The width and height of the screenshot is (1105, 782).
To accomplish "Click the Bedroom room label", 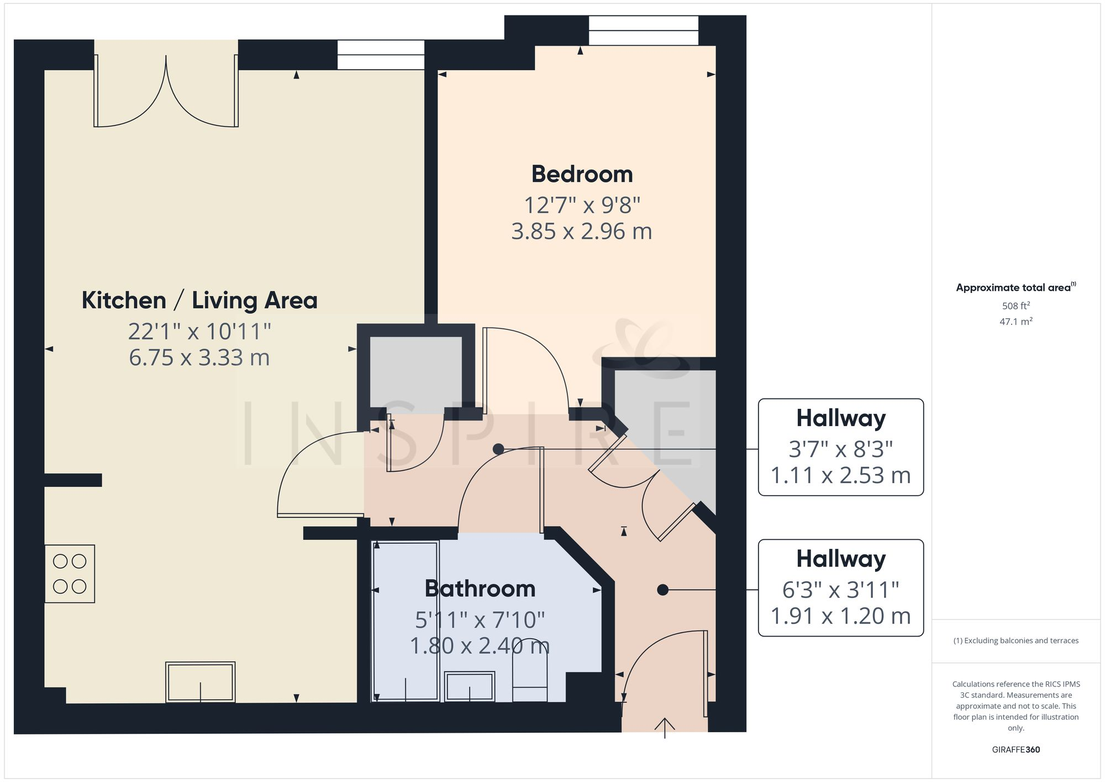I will coord(582,175).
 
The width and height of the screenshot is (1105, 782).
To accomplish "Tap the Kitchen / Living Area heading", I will coord(199,301).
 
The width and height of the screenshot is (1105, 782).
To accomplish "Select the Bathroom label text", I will coord(480,589).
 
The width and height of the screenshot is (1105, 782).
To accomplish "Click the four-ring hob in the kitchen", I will coord(70,574).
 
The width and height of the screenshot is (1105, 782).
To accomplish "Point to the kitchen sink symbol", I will coord(200,682).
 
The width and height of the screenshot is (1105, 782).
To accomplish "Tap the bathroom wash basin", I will coord(470,686).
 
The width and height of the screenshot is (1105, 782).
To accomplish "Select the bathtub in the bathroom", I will coord(406,621).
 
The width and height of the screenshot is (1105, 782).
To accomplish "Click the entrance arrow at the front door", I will coord(665,727).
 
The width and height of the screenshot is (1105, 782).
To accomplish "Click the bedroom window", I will coord(643,30).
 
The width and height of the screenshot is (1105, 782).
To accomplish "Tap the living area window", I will coord(381,55).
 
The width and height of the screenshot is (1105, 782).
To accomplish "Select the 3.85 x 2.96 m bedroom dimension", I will coord(582,232).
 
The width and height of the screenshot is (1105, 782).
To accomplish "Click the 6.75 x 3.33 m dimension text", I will coord(199,358).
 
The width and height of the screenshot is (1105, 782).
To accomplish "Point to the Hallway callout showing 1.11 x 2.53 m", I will coord(840,447).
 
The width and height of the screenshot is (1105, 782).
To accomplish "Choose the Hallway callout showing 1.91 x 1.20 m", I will coord(840,588).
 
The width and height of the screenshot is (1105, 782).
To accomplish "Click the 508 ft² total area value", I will coord(1015,306).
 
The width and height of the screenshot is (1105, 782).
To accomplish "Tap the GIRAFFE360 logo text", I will coord(1015,749).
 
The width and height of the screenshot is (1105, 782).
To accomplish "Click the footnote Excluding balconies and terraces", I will coord(1015,641).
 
